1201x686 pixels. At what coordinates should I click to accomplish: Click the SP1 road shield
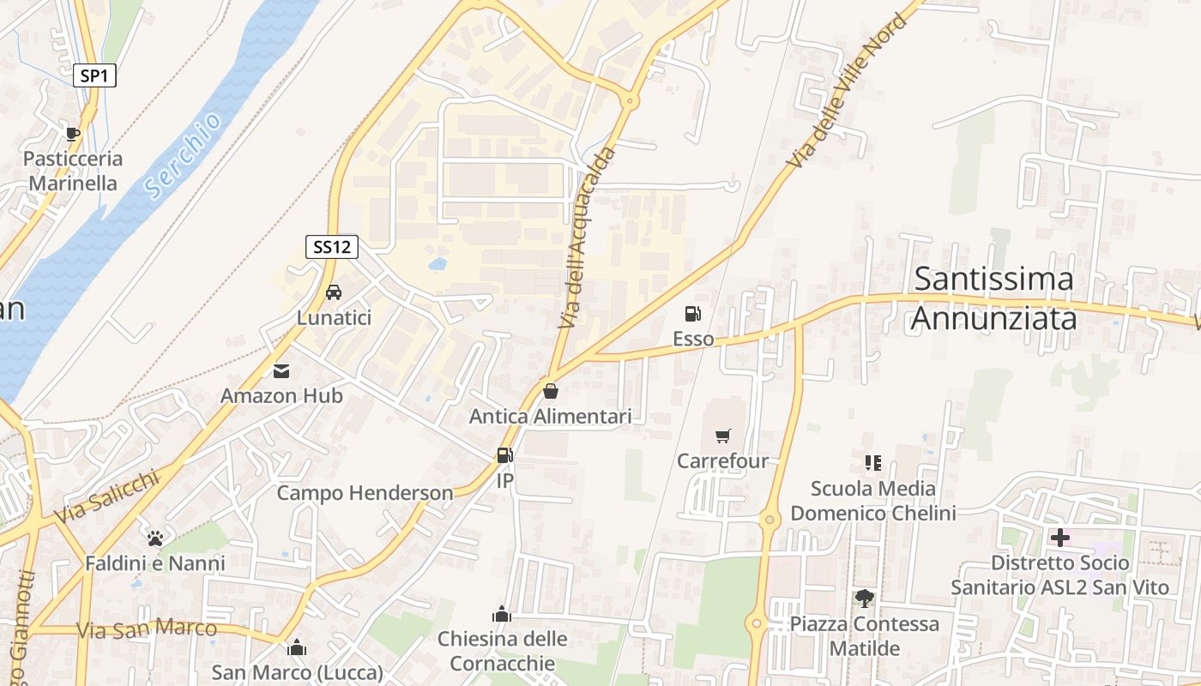pos(94,75)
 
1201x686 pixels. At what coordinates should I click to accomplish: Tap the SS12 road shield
pos(332,247)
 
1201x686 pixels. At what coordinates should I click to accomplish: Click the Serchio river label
pos(183,156)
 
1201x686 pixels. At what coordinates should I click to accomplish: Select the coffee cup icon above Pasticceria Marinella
pos(73,134)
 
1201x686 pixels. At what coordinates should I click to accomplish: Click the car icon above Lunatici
pos(334,292)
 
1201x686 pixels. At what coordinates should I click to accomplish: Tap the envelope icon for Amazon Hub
pos(281,371)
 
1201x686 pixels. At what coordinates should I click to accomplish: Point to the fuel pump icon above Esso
pos(693,314)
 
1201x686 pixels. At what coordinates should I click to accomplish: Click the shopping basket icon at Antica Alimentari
pos(551,391)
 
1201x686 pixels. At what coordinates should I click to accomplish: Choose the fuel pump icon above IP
pos(505,455)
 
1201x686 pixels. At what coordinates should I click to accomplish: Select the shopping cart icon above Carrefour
pos(722,436)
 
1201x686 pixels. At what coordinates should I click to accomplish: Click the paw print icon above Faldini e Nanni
pos(155,539)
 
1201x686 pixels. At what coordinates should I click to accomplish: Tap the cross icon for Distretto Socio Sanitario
pos(1060,538)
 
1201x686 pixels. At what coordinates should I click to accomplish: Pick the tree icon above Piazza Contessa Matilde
pos(864,599)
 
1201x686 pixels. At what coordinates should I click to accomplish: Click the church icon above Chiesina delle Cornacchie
pos(502,614)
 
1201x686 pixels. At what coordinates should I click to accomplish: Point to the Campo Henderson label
pos(365,493)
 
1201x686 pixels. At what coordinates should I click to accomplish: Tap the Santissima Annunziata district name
pos(993,298)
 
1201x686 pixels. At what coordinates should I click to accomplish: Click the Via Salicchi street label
pos(107,495)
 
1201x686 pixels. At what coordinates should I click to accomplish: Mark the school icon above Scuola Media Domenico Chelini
pos(873,464)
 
